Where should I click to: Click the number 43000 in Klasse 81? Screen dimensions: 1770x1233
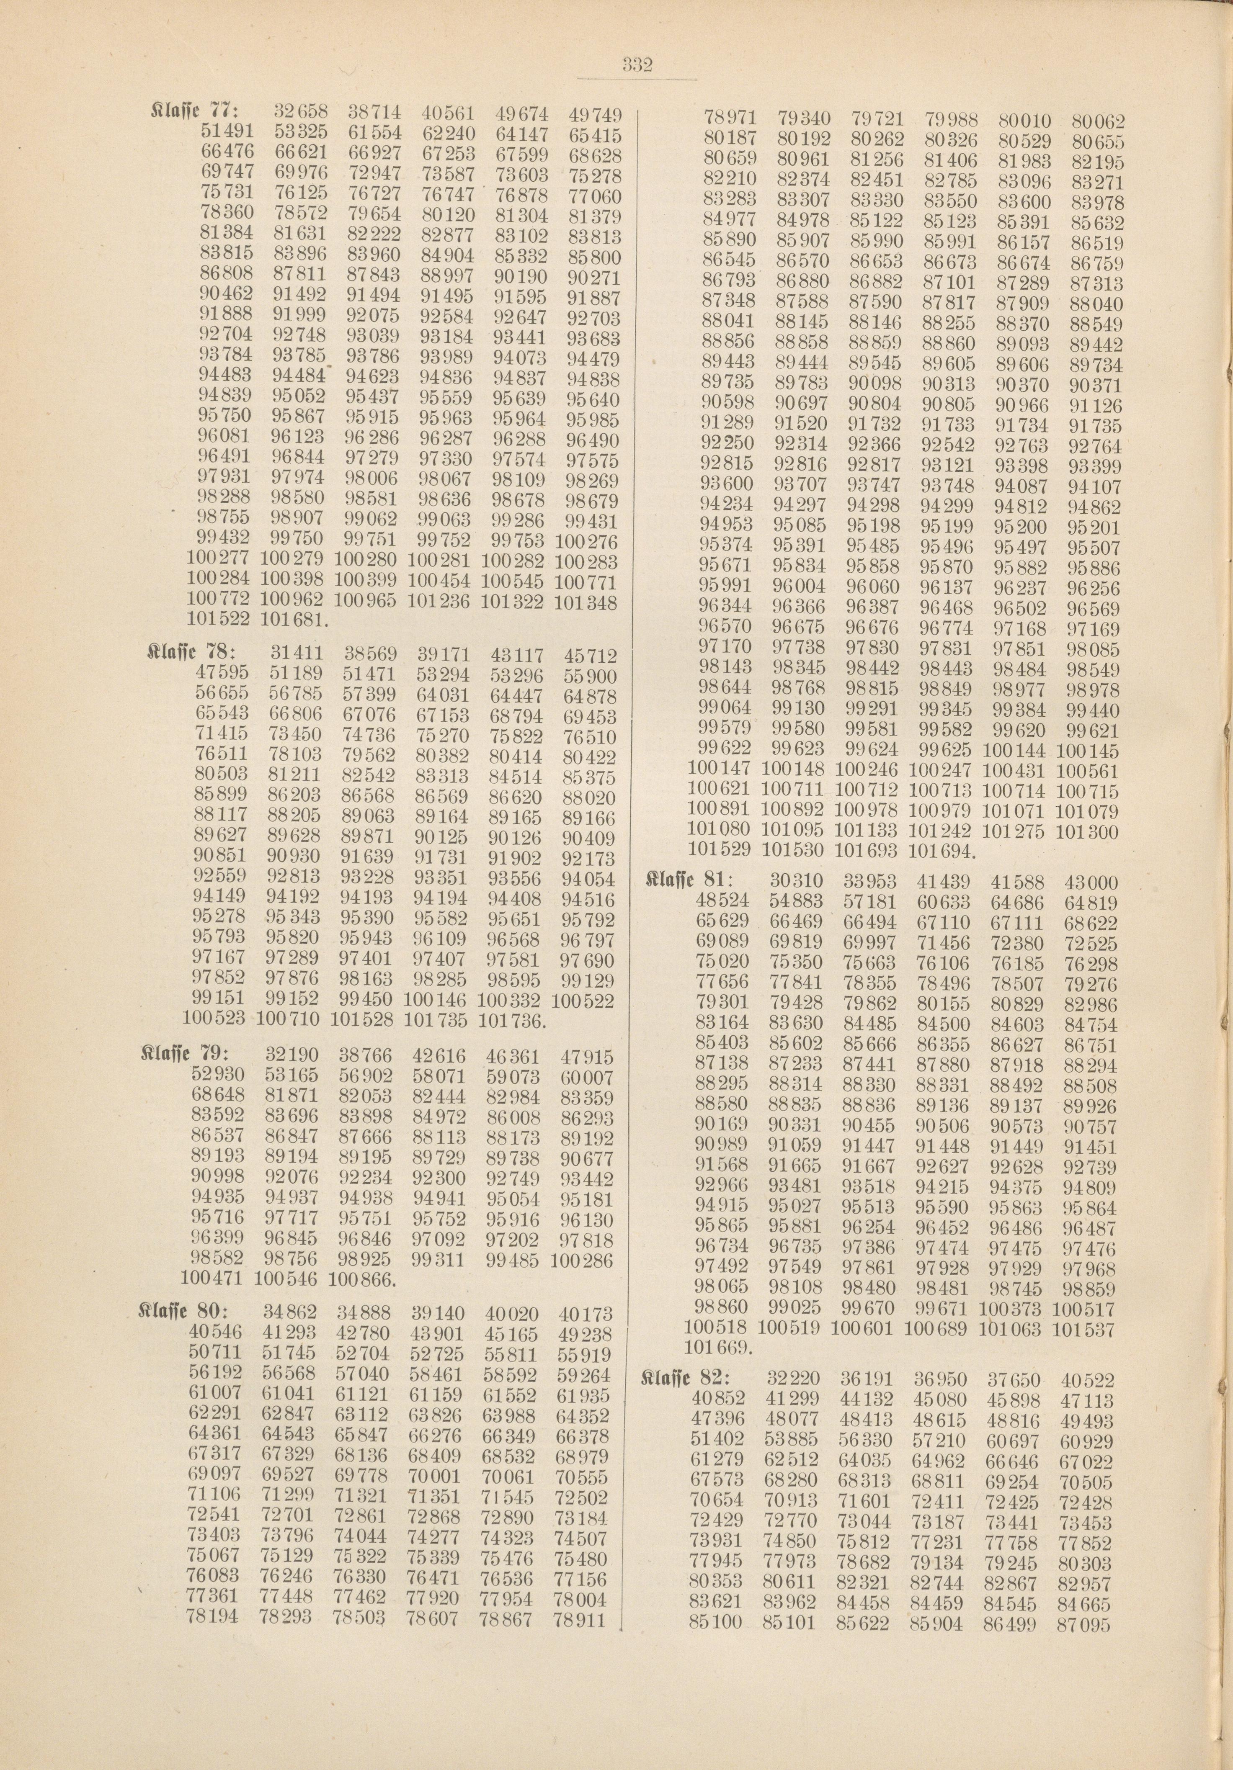point(1090,882)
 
